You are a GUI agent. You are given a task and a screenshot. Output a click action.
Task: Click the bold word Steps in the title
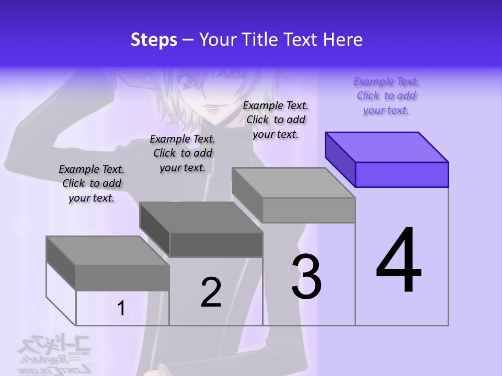tap(154, 40)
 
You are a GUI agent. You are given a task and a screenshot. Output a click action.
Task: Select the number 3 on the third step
tap(306, 277)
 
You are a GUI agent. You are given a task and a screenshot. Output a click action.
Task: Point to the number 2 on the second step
tap(211, 292)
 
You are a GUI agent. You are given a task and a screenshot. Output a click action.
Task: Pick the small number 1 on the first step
tap(121, 308)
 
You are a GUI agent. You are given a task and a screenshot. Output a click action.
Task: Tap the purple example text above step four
tap(386, 96)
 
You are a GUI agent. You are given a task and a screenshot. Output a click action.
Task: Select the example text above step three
tap(276, 120)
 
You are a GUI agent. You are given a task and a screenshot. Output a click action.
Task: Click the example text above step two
tap(182, 153)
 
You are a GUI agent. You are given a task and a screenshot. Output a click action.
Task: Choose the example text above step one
tap(92, 183)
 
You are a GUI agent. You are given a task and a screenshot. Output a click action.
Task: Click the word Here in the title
tap(342, 40)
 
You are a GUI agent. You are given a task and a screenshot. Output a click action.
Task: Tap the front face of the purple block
tap(402, 174)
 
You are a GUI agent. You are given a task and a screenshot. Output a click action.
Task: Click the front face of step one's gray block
tap(122, 278)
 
